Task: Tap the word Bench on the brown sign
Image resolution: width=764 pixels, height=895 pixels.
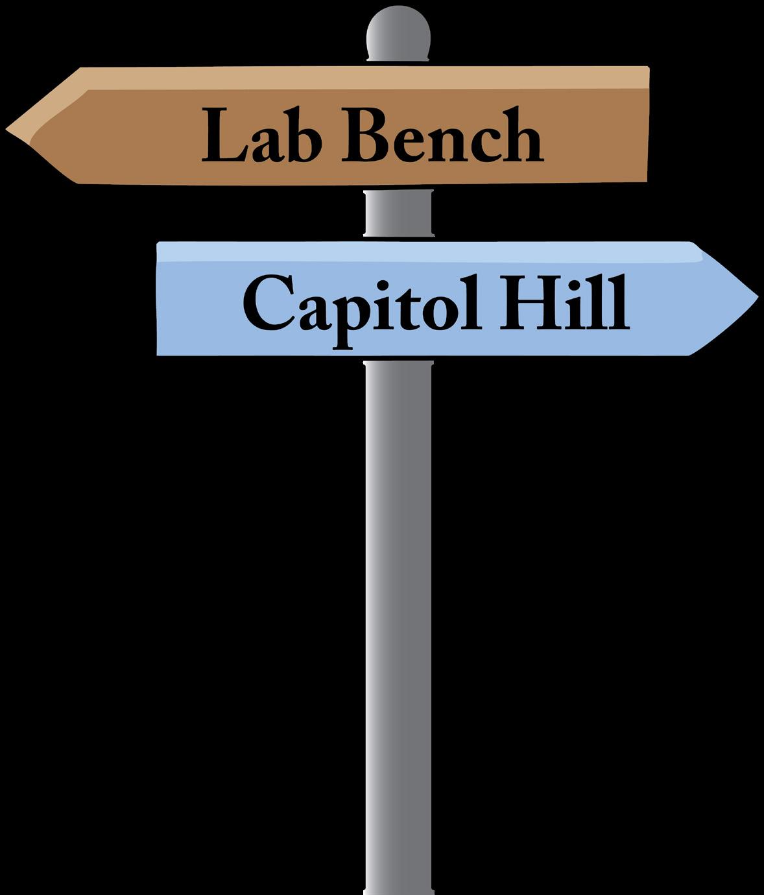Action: click(442, 136)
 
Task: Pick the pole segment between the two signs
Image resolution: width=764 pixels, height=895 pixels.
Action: click(397, 213)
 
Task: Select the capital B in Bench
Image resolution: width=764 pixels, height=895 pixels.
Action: click(362, 136)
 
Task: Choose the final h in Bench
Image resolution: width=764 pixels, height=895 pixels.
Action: click(523, 135)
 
